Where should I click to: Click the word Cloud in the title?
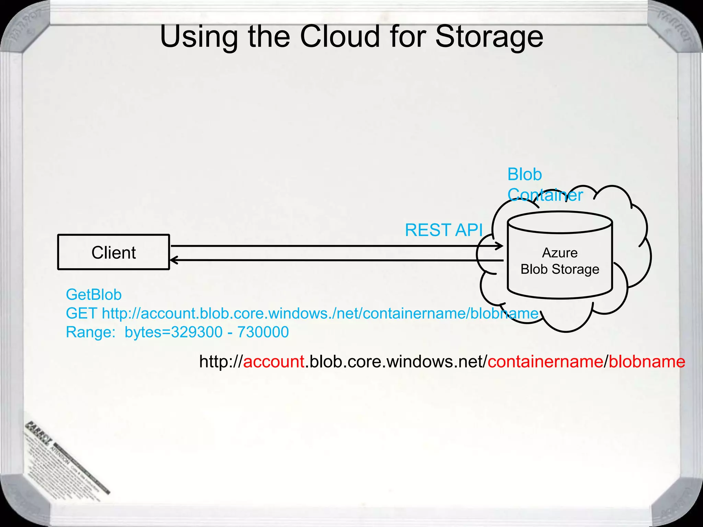340,37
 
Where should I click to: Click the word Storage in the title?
489,37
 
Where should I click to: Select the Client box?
114,252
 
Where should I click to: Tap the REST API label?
444,230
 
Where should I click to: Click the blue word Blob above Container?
525,174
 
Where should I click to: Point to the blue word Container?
545,195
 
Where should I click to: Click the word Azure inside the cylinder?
560,253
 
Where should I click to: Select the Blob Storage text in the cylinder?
560,269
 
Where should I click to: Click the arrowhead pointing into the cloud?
500,246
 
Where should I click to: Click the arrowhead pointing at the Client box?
173,260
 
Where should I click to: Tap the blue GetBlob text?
93,295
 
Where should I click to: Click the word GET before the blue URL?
81,313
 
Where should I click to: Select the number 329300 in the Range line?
197,332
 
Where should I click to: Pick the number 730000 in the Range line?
263,332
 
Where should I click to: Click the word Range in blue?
89,332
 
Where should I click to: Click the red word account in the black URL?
274,362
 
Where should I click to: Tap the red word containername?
545,362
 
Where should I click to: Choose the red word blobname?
647,362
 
